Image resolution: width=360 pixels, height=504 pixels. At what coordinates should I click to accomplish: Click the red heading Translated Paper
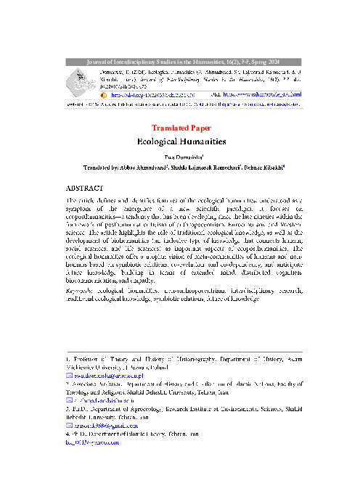(x=181, y=128)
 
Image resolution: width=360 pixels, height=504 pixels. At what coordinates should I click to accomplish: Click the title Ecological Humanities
(x=181, y=143)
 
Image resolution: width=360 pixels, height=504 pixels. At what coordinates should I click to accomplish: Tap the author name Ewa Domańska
(x=181, y=156)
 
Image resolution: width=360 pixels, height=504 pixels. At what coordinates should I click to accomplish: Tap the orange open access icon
(x=103, y=94)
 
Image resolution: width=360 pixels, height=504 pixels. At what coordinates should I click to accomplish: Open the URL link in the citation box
(x=258, y=94)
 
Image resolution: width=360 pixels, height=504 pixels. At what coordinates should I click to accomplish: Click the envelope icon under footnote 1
(x=69, y=376)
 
